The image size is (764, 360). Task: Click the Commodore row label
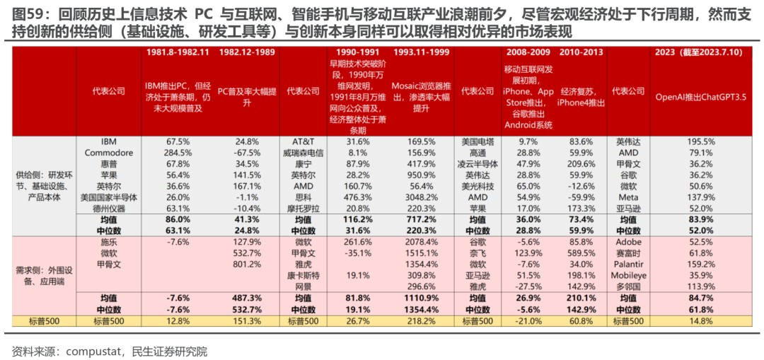pos(109,152)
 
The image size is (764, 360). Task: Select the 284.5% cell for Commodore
pos(178,152)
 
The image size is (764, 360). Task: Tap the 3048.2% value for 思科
pos(421,197)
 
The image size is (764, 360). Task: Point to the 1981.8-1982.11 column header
pos(178,52)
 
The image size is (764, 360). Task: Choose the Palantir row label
pos(628,264)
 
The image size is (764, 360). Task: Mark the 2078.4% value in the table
pos(421,242)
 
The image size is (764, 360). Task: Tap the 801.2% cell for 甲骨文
pos(247,264)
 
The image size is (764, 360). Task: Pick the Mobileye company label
pos(628,275)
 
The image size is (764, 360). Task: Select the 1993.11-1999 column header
pos(421,52)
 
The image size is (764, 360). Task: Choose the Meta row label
pos(628,197)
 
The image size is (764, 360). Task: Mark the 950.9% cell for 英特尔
pos(421,175)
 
